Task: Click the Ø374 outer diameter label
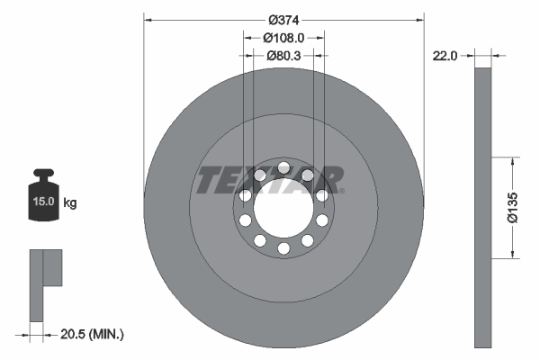(283, 20)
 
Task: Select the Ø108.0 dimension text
(283, 38)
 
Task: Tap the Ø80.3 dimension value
(283, 55)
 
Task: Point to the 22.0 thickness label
(445, 55)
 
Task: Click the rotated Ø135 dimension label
(512, 206)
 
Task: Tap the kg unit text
(70, 202)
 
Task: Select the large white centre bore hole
(283, 208)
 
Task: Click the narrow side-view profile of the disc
(483, 207)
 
